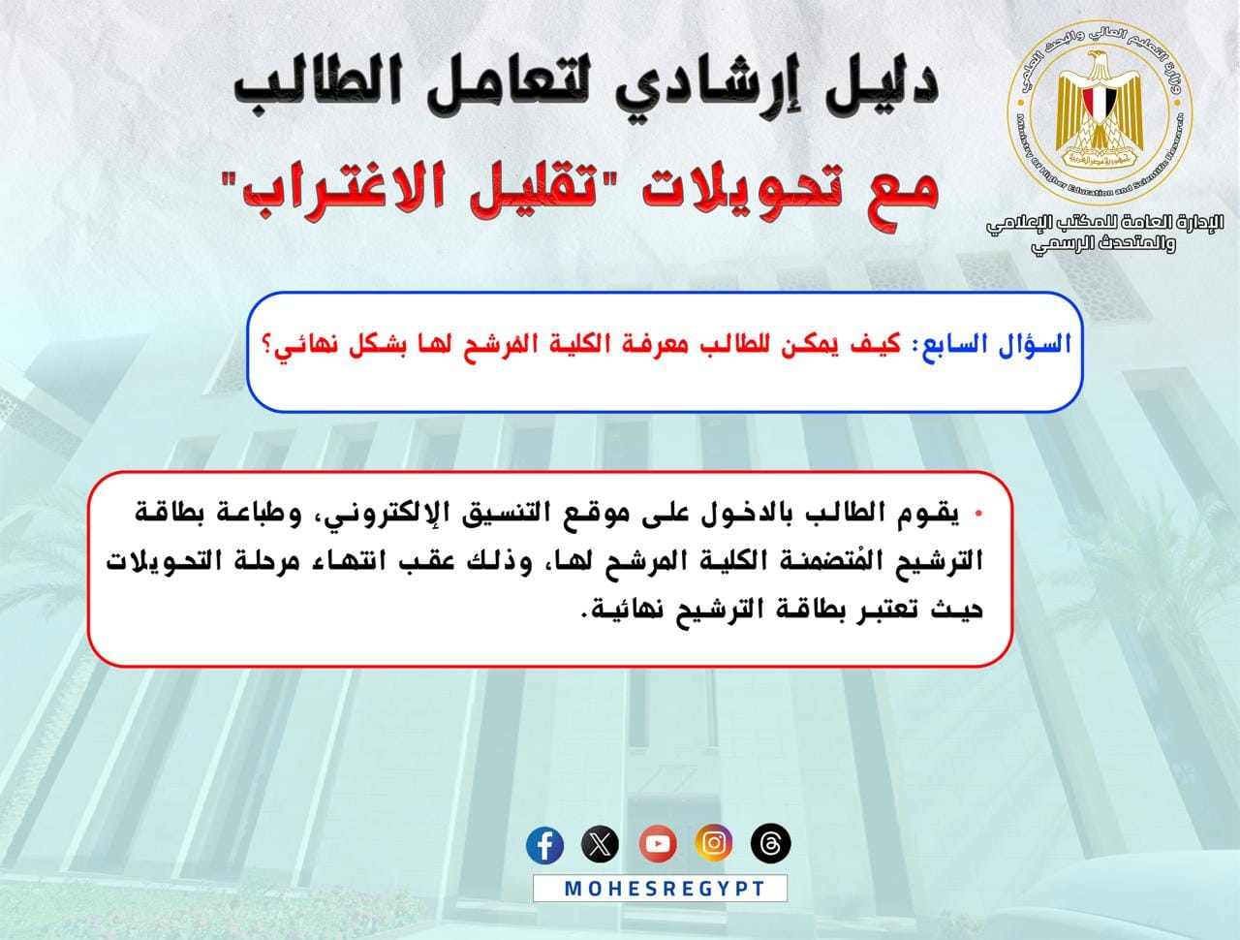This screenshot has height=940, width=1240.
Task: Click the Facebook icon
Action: [544, 845]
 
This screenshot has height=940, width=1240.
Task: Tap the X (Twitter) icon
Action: [600, 844]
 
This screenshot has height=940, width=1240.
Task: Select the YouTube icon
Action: [658, 844]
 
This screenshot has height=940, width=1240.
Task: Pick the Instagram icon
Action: [714, 843]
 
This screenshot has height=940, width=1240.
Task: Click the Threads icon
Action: [770, 843]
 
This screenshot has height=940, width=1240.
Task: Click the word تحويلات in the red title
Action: [719, 192]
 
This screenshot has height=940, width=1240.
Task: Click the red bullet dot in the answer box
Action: [979, 514]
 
